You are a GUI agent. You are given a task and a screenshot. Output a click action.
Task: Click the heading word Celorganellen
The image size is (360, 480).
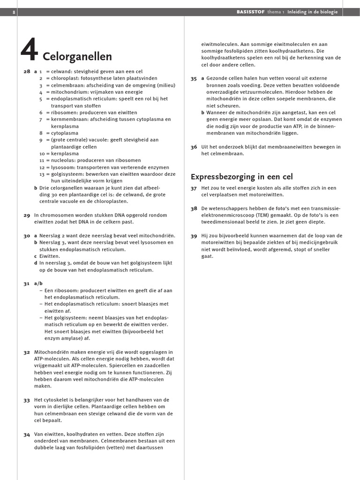click(x=77, y=57)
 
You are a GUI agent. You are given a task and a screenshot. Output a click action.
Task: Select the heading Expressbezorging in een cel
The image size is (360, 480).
click(x=241, y=177)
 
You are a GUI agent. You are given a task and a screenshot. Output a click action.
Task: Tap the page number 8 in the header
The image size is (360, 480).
click(x=8, y=12)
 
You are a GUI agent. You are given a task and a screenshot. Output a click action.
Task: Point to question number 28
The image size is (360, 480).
click(x=26, y=72)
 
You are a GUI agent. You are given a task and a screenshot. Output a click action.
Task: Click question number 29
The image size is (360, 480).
click(x=26, y=215)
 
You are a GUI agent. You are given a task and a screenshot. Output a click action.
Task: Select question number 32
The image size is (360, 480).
click(x=26, y=352)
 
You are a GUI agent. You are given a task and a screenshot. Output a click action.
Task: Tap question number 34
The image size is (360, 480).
click(x=26, y=435)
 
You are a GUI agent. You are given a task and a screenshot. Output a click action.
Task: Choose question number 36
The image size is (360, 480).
click(x=194, y=147)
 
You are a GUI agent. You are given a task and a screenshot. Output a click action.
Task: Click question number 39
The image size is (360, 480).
click(x=194, y=236)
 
